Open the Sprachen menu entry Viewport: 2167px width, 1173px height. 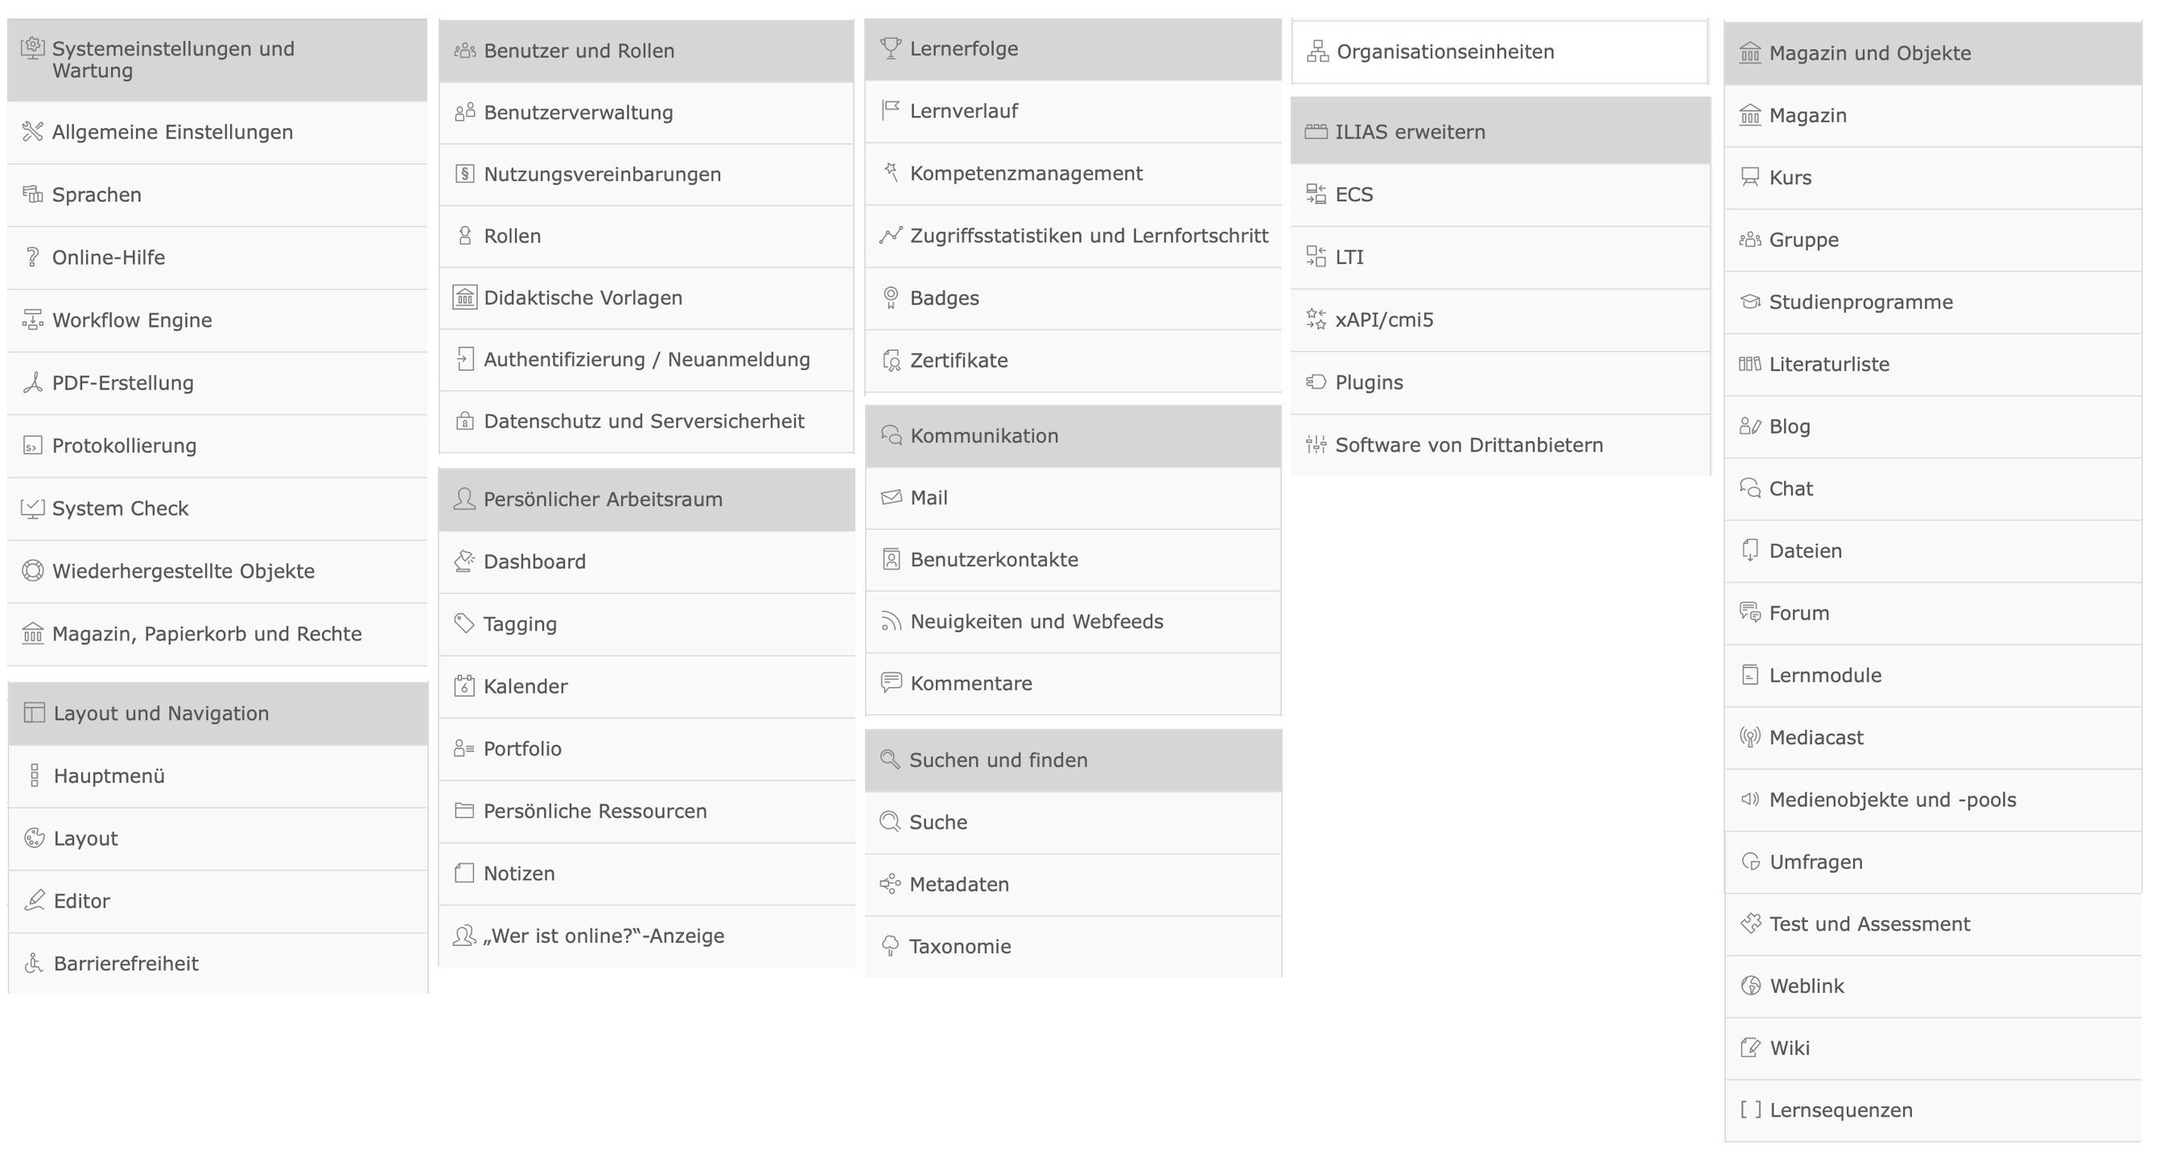pyautogui.click(x=97, y=195)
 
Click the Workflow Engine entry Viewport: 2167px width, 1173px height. pyautogui.click(x=132, y=320)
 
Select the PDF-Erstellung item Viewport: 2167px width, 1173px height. pyautogui.click(x=123, y=384)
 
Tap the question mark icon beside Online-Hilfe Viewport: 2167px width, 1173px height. pyautogui.click(x=33, y=257)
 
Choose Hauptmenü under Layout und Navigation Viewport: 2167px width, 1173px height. pyautogui.click(x=109, y=776)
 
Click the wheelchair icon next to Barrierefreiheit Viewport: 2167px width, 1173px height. pyautogui.click(x=34, y=964)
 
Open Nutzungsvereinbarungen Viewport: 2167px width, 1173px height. pyautogui.click(x=603, y=175)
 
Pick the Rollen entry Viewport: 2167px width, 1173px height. pyautogui.click(x=513, y=237)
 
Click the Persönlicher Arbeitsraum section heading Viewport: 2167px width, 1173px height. pyautogui.click(x=603, y=500)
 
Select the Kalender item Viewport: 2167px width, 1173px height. pyautogui.click(x=525, y=687)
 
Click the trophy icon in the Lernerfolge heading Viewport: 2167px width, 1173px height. pyautogui.click(x=890, y=49)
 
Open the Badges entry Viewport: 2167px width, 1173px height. pyautogui.click(x=944, y=298)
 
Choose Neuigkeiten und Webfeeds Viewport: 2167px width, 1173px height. pyautogui.click(x=1036, y=622)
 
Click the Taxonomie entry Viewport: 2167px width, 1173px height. pyautogui.click(x=960, y=947)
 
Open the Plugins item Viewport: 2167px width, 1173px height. pyautogui.click(x=1369, y=383)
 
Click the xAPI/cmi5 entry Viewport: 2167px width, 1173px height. pyautogui.click(x=1384, y=320)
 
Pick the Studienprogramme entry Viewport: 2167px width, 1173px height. pyautogui.click(x=1860, y=303)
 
